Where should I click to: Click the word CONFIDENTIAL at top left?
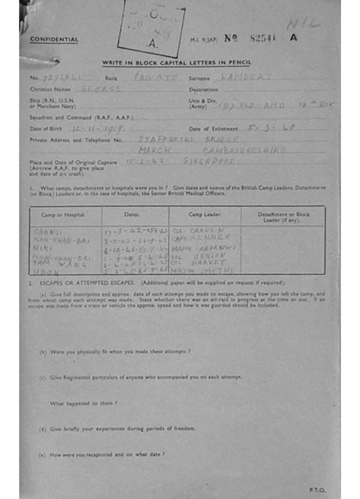(x=54, y=39)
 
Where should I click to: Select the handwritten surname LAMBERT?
(x=246, y=77)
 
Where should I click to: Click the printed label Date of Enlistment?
(x=213, y=129)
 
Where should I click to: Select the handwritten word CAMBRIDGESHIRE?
(x=245, y=151)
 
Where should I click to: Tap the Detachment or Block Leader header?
(x=284, y=217)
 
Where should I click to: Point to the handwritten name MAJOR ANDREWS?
(x=206, y=248)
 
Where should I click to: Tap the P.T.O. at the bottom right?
(x=317, y=490)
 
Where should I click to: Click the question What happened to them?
(x=83, y=403)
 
